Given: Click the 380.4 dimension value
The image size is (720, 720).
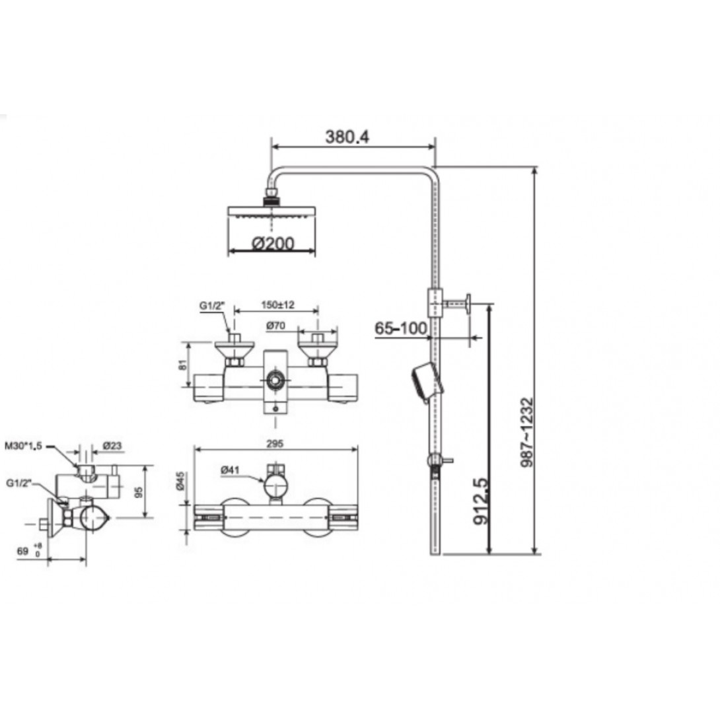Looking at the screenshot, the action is click(347, 137).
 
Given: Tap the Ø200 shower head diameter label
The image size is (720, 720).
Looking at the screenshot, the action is click(273, 243).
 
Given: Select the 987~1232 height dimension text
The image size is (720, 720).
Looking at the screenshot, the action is click(527, 433).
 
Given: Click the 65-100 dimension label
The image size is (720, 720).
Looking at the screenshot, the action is click(401, 328).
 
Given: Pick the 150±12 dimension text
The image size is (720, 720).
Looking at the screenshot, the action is click(277, 305).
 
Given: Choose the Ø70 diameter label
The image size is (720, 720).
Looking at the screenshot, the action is click(275, 326).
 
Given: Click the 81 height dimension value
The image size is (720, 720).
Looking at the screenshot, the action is click(182, 365).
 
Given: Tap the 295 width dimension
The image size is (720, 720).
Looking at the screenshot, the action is click(275, 444).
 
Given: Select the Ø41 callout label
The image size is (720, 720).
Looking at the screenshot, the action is click(230, 470).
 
